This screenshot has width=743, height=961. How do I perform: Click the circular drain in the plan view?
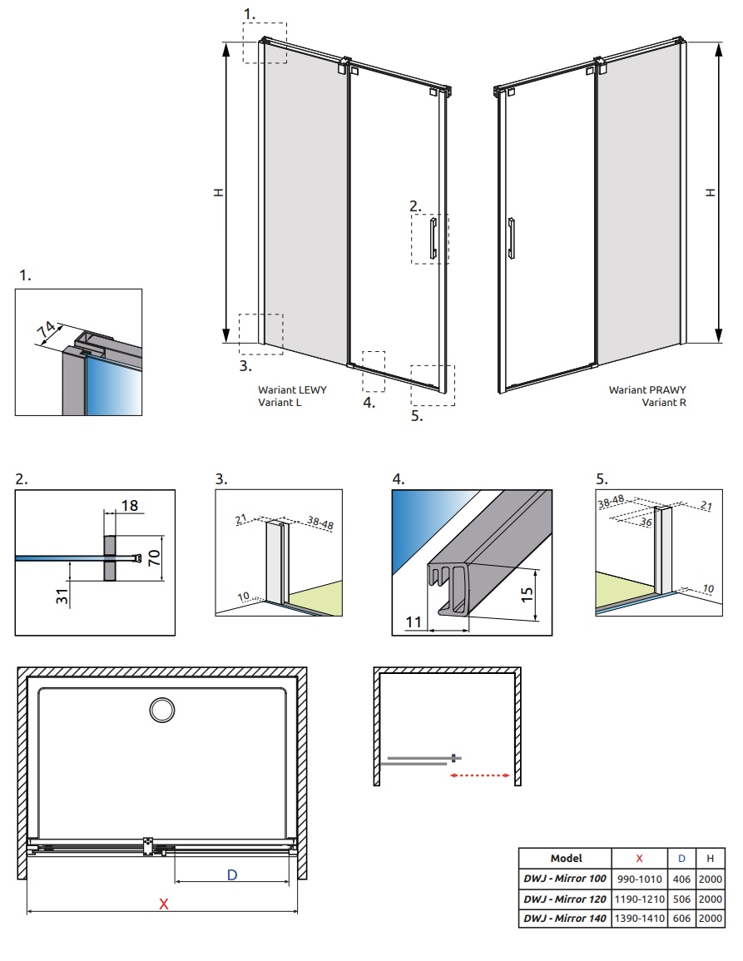coord(161,710)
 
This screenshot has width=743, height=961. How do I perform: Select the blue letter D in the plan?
coord(232,874)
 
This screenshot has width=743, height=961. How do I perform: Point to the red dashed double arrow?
coord(479,775)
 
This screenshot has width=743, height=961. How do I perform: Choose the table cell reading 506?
coord(681,899)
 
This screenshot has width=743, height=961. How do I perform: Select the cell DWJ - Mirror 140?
coord(564,919)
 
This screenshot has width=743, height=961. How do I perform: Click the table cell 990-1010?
coord(638,879)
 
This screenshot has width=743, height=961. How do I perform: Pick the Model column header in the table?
coord(566,858)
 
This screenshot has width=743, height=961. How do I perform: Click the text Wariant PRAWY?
coord(647,389)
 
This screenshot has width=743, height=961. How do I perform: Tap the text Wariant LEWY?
coord(286,389)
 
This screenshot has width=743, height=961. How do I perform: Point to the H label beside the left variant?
coord(218,191)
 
